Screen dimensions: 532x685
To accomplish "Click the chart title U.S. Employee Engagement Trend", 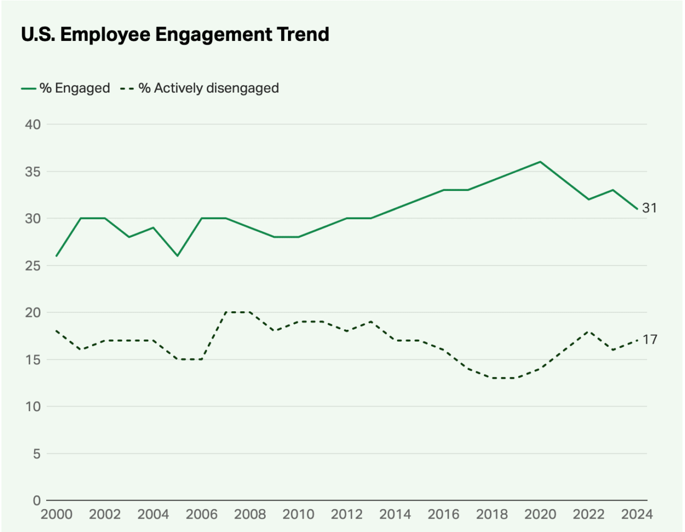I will (175, 35).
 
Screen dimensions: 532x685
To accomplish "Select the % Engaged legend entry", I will (66, 88).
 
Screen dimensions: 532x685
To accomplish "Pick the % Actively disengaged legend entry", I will (200, 88).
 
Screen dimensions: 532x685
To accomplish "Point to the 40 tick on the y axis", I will (32, 124).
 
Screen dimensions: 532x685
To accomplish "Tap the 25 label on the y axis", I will (32, 265).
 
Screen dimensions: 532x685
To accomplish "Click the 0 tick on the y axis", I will (37, 501).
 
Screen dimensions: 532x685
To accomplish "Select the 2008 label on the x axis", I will (250, 514).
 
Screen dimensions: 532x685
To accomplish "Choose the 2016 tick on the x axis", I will (443, 514).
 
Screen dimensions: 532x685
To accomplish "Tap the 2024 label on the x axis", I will (637, 514).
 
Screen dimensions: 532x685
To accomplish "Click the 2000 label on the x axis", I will (56, 514).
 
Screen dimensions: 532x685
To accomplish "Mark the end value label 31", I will (649, 208).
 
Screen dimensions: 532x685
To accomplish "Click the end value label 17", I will (649, 339).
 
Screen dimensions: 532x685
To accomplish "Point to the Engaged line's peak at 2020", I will (540, 162).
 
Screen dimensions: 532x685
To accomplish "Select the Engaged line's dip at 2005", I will (177, 256).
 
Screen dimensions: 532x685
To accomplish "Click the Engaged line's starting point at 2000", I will (56, 256).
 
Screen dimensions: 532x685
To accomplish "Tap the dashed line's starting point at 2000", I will (56, 331).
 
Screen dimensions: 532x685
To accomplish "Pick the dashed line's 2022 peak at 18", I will (588, 331).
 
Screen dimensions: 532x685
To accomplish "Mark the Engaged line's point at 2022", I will (588, 199).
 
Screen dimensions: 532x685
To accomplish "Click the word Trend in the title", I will (302, 35).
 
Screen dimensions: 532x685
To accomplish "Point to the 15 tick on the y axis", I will (32, 360).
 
